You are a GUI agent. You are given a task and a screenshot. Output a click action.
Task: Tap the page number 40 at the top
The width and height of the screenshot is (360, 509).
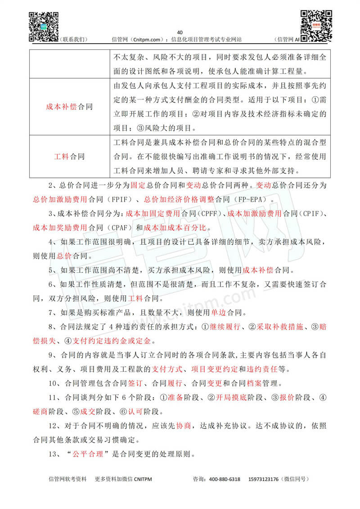click(180, 32)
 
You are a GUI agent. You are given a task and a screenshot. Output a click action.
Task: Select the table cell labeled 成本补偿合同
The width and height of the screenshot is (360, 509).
click(69, 107)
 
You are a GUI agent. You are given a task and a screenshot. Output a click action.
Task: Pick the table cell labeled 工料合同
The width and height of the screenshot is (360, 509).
click(69, 157)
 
